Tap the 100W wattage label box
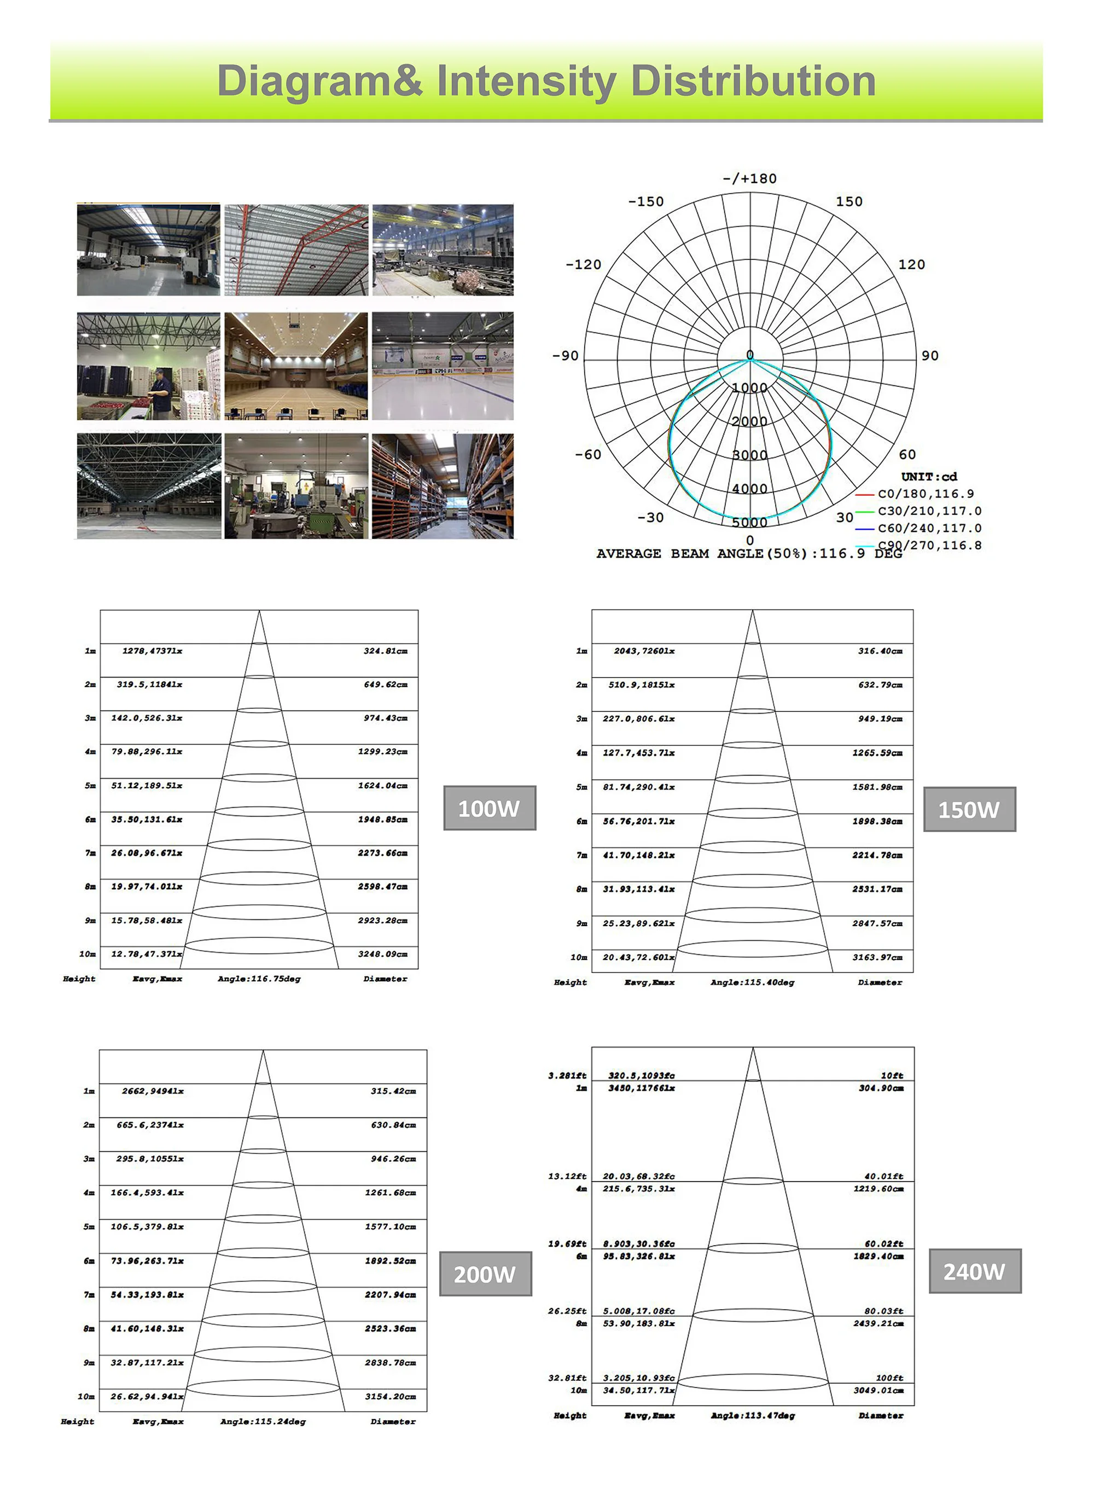pyautogui.click(x=490, y=808)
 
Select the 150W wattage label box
pyautogui.click(x=969, y=809)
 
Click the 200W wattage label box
pyautogui.click(x=485, y=1274)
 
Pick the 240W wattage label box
pyautogui.click(x=974, y=1271)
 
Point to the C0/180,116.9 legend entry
pyautogui.click(x=925, y=494)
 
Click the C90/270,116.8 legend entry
pyautogui.click(x=929, y=545)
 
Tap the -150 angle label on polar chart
pyautogui.click(x=645, y=201)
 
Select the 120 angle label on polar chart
pyautogui.click(x=911, y=264)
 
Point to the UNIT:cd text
pyautogui.click(x=929, y=476)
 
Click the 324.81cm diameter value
pyautogui.click(x=386, y=651)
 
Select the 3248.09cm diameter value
pyautogui.click(x=383, y=954)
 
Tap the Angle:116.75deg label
pyautogui.click(x=259, y=979)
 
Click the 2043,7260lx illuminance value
pyautogui.click(x=644, y=651)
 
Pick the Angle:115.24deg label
pyautogui.click(x=263, y=1422)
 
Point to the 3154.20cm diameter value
pyautogui.click(x=390, y=1397)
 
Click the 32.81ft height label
pyautogui.click(x=567, y=1378)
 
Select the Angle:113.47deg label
pyautogui.click(x=753, y=1416)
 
